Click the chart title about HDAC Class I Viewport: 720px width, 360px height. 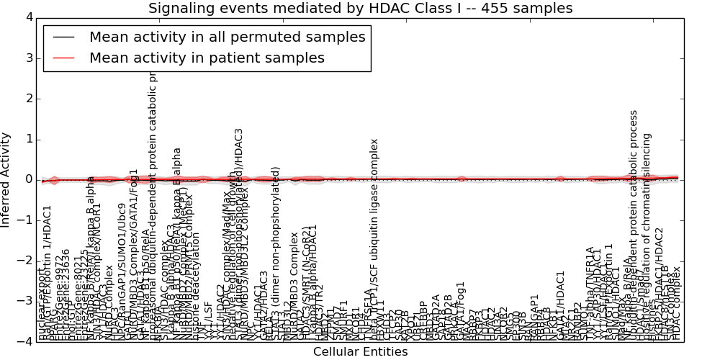pos(360,9)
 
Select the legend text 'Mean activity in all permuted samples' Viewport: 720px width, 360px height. pos(227,37)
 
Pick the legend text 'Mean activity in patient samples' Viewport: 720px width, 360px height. pos(207,58)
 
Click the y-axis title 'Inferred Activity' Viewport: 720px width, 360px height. pos(6,179)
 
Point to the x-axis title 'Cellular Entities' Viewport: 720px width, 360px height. pos(360,352)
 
